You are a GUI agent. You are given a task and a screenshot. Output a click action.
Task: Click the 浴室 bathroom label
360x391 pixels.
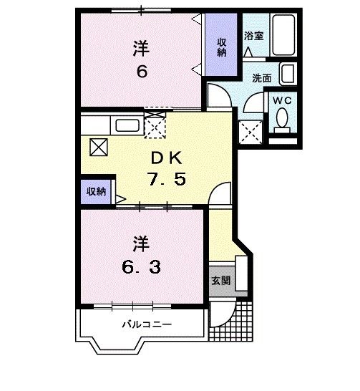253,35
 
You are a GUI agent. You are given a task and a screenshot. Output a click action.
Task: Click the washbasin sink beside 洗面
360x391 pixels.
288,73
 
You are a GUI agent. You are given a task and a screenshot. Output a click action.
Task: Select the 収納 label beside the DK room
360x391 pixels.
96,191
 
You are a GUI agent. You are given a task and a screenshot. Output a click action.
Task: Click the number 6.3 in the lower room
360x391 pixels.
140,267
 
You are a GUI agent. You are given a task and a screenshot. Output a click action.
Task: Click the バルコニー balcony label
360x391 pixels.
145,324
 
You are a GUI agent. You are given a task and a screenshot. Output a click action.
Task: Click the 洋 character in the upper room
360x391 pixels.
141,49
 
